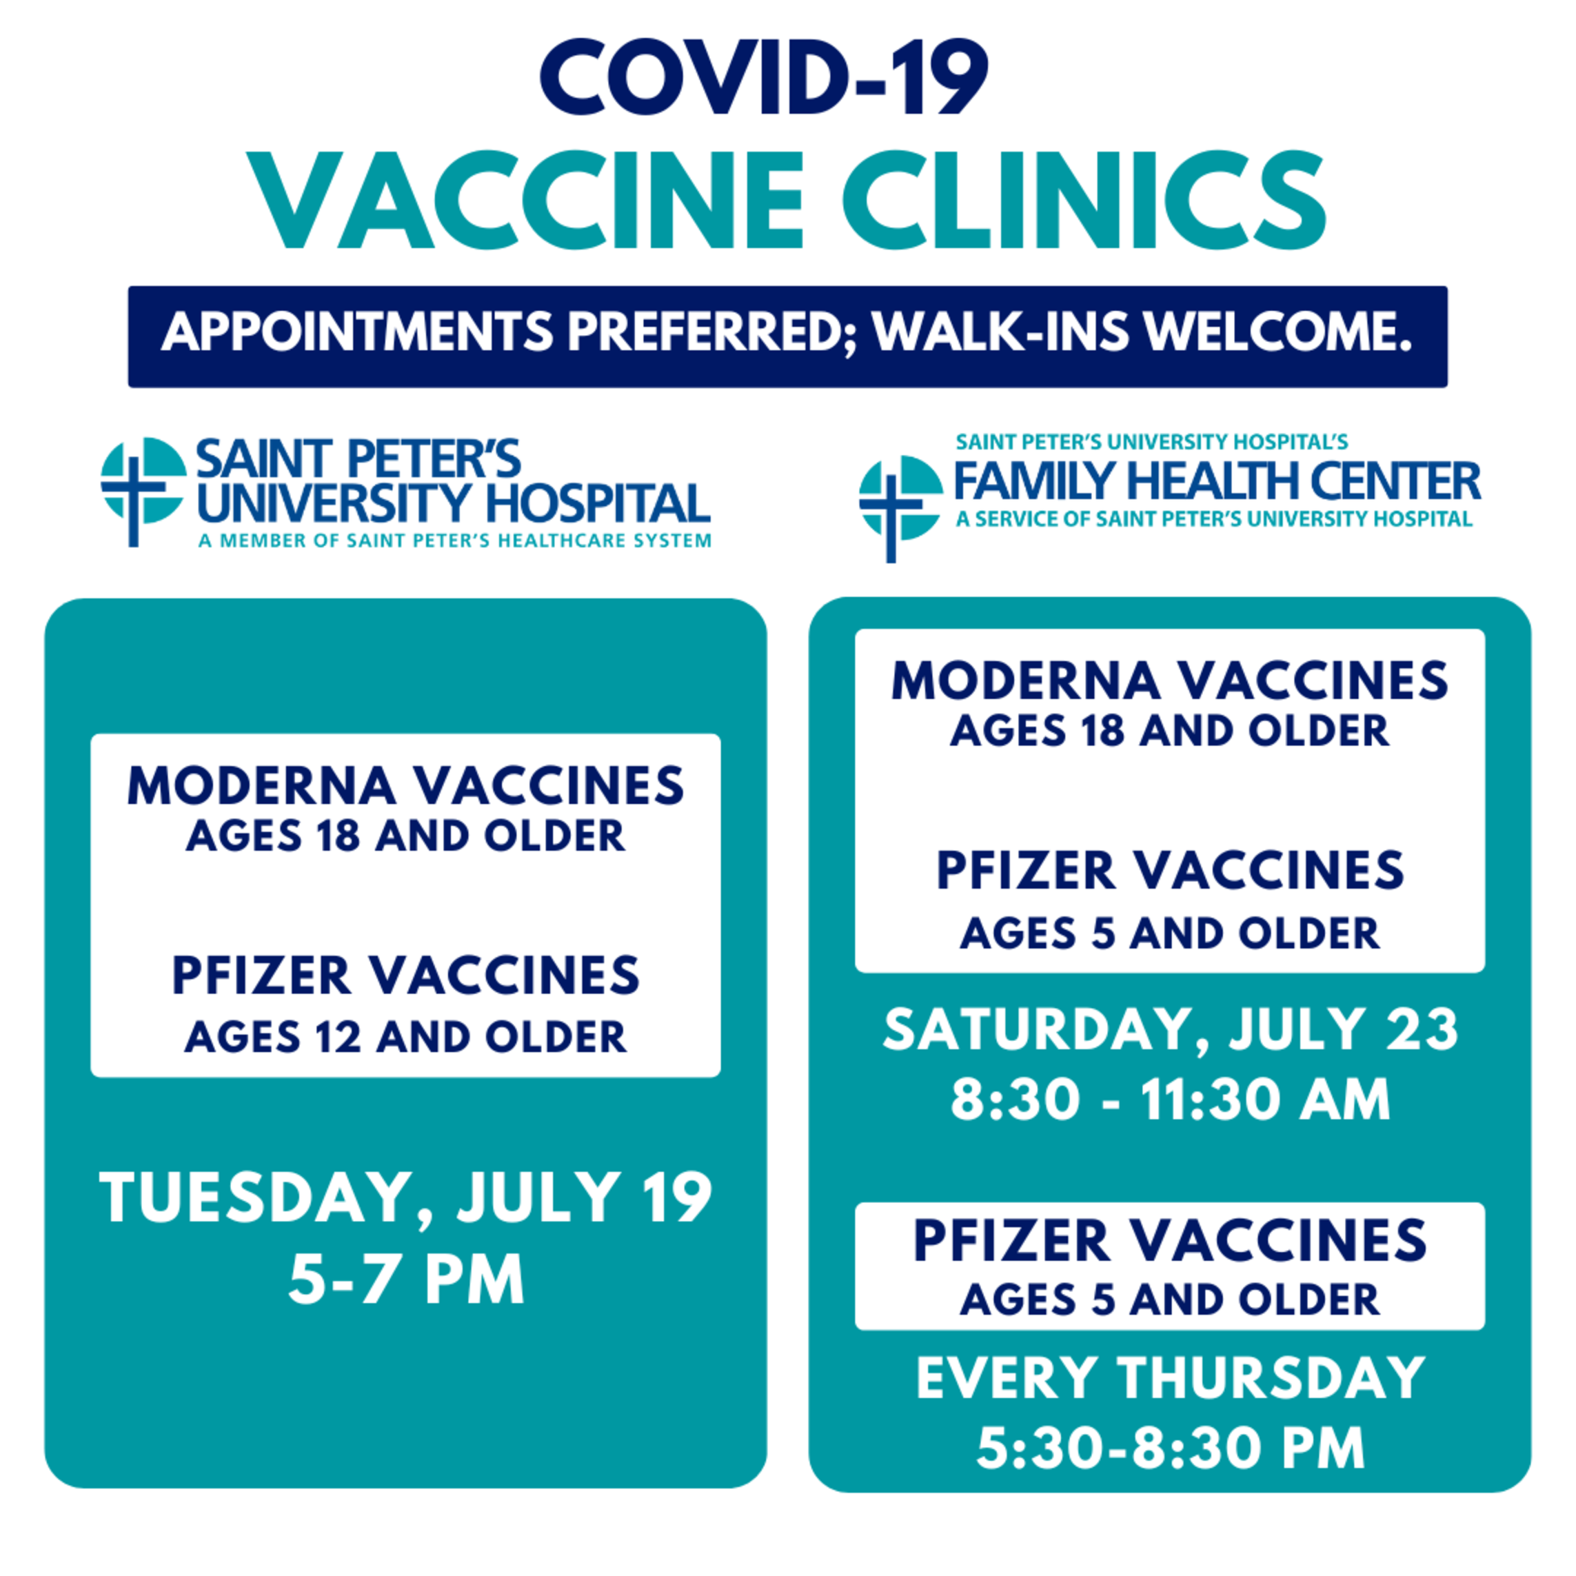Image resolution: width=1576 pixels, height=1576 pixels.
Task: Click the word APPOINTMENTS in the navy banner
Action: point(357,332)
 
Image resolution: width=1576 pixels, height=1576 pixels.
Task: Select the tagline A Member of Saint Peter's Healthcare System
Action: point(454,540)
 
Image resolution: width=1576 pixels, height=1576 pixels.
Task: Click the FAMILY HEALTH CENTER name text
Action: point(1217,481)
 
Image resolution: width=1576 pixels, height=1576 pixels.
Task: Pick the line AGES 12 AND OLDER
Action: point(405,1037)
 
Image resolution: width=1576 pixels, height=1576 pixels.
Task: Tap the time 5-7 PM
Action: point(405,1280)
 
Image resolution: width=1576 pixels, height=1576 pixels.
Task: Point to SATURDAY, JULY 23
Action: point(1171,1029)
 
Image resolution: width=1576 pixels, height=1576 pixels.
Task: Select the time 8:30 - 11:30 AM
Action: point(1171,1100)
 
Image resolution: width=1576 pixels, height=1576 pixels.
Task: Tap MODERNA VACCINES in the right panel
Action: point(1170,680)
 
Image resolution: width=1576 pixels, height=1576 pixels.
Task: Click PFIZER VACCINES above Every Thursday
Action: point(1170,1242)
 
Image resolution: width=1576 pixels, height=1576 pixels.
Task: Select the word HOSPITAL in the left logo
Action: point(598,503)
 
